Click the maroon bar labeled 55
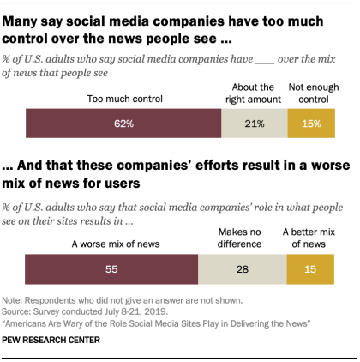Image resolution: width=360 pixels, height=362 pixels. point(111,270)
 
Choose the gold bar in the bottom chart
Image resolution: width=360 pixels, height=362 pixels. point(309,270)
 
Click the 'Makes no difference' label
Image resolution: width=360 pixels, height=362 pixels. point(242,238)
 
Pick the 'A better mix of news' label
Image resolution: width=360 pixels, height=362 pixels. point(309,238)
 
